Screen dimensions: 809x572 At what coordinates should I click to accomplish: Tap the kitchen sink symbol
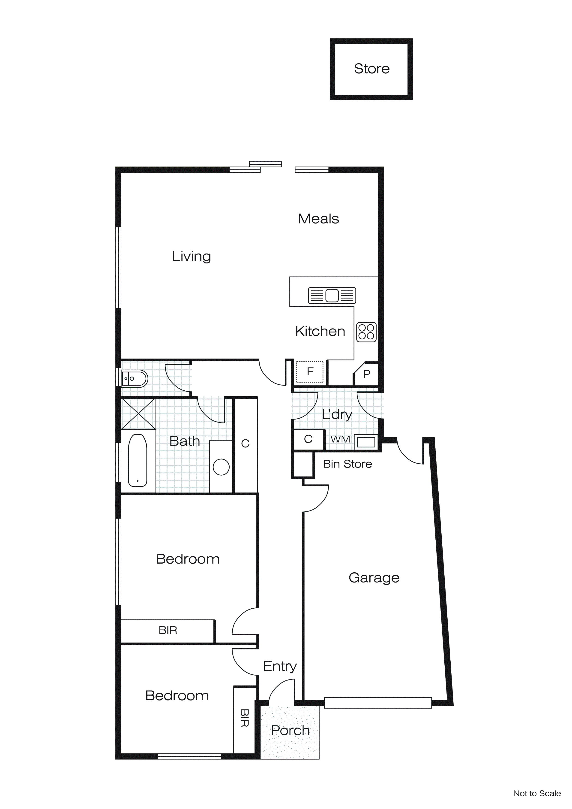point(332,295)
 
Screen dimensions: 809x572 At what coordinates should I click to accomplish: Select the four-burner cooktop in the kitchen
point(366,332)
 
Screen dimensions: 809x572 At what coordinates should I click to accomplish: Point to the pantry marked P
point(367,374)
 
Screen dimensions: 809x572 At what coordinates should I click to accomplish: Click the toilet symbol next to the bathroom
point(135,379)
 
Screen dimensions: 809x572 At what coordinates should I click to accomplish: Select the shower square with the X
point(138,414)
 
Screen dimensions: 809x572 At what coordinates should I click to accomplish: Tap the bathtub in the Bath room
point(138,460)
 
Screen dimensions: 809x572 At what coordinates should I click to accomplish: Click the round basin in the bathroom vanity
point(221,467)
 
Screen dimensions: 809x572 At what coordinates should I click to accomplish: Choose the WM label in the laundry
point(340,439)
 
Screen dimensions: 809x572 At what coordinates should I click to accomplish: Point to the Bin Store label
point(347,464)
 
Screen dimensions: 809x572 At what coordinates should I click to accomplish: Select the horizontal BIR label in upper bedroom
point(168,630)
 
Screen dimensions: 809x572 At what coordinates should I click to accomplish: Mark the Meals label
point(318,219)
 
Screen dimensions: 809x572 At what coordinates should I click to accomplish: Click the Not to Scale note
point(537,794)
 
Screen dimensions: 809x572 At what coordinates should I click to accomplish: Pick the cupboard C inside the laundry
point(308,439)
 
